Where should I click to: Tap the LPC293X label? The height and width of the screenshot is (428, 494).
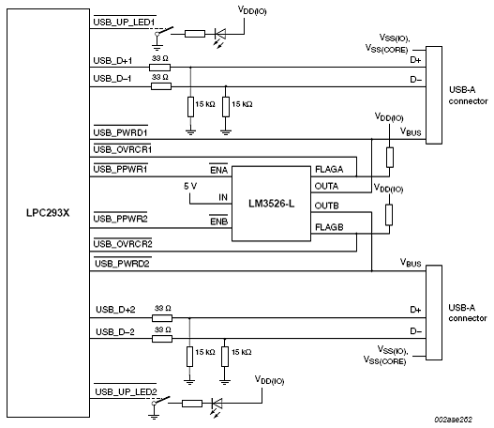pyautogui.click(x=48, y=213)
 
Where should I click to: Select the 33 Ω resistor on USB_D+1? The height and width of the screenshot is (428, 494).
pyautogui.click(x=159, y=68)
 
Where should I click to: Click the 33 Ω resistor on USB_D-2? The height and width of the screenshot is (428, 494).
pyautogui.click(x=162, y=339)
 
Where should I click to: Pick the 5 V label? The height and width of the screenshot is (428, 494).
pyautogui.click(x=190, y=186)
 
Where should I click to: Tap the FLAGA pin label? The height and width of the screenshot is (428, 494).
pyautogui.click(x=329, y=169)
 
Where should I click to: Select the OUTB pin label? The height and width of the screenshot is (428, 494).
pyautogui.click(x=327, y=206)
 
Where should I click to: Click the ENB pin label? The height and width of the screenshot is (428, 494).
pyautogui.click(x=218, y=221)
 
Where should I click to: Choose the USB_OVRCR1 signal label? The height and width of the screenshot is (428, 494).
pyautogui.click(x=123, y=149)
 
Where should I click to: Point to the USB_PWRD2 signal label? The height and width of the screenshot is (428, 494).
pyautogui.click(x=122, y=263)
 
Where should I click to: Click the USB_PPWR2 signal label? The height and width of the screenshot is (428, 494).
pyautogui.click(x=120, y=218)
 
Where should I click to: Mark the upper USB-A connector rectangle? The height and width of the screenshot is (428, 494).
pyautogui.click(x=434, y=95)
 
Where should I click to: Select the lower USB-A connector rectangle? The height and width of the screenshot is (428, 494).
pyautogui.click(x=434, y=313)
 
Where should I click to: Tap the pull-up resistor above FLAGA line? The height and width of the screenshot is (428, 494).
pyautogui.click(x=390, y=157)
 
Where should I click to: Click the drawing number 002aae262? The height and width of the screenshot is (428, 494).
pyautogui.click(x=454, y=420)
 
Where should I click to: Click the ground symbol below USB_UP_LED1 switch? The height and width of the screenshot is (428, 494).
pyautogui.click(x=157, y=48)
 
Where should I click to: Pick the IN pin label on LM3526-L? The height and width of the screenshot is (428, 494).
pyautogui.click(x=223, y=197)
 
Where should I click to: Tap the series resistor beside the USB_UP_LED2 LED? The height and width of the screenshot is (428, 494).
pyautogui.click(x=192, y=404)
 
